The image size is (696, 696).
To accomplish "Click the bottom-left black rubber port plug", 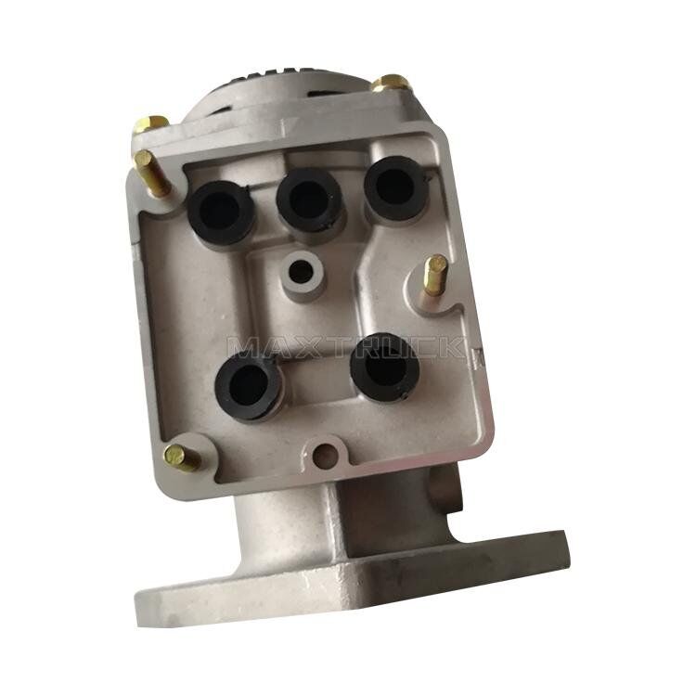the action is click(x=247, y=384).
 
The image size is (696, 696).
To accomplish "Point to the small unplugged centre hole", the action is click(x=301, y=271).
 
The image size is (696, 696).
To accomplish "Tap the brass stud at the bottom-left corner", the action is click(x=181, y=458).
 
